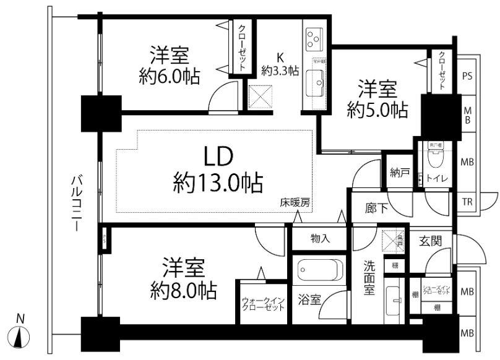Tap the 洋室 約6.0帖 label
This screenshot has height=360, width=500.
coord(169,64)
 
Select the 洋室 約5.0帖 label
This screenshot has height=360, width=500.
coord(377,99)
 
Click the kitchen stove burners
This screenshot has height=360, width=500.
coord(314,40)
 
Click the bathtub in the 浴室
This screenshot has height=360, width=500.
coord(319,271)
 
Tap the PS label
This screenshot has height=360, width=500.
coord(468,76)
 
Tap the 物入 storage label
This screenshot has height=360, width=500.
coord(320,238)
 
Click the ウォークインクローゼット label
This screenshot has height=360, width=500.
coord(263,304)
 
